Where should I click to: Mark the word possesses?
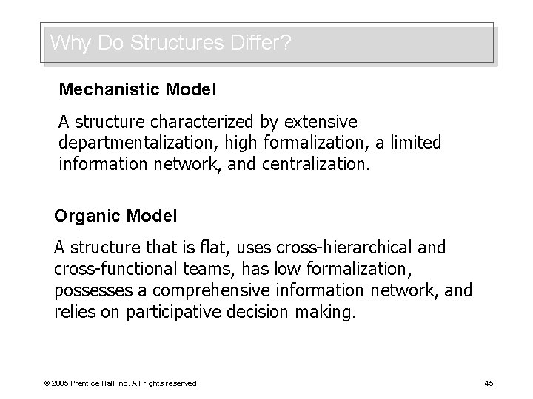click(x=89, y=290)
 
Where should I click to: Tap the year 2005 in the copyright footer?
click(x=58, y=383)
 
